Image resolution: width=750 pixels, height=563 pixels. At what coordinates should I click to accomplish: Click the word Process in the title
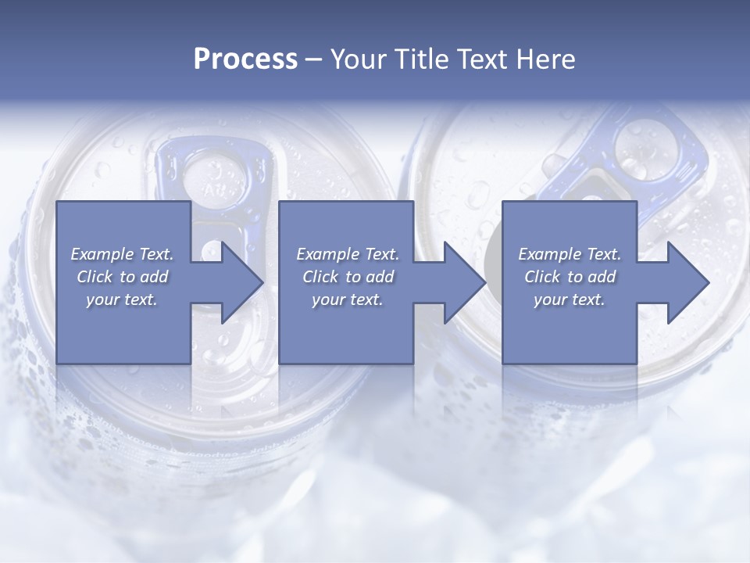pos(245,59)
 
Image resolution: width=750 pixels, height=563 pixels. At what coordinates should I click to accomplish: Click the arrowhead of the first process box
pos(238,282)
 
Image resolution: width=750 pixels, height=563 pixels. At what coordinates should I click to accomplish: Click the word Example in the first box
pos(101,254)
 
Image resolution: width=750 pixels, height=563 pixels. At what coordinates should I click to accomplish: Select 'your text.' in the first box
pos(122,299)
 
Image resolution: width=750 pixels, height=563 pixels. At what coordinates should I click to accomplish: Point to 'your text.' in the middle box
pos(348,299)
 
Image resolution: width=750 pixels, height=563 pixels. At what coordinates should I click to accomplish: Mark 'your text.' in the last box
pos(570,299)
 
